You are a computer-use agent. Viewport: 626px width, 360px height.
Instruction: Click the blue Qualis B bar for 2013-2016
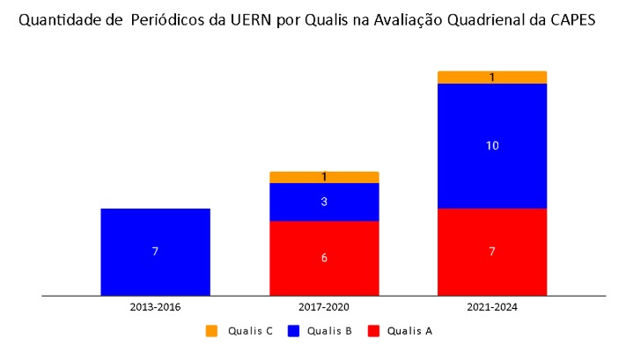[155, 252]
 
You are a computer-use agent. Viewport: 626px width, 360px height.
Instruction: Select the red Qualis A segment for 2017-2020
[324, 258]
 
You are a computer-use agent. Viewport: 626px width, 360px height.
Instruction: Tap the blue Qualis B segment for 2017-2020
[324, 202]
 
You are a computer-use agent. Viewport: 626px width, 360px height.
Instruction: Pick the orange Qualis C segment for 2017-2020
[324, 177]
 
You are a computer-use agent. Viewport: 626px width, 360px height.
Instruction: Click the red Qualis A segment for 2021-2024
[492, 252]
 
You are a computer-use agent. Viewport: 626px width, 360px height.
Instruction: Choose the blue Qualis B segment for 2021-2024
[492, 145]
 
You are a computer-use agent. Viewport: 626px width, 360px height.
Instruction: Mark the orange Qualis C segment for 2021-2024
[492, 77]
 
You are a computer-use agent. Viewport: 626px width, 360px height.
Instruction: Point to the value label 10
[492, 145]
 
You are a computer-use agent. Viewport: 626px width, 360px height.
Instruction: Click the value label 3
[324, 202]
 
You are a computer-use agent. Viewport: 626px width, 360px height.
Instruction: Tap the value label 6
[324, 258]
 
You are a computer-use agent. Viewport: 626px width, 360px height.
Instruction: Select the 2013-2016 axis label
[155, 307]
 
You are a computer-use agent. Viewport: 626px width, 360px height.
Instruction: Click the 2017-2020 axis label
[324, 307]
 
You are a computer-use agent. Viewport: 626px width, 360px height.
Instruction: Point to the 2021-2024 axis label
[492, 307]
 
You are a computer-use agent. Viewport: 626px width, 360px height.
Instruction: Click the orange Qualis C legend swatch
[211, 331]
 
